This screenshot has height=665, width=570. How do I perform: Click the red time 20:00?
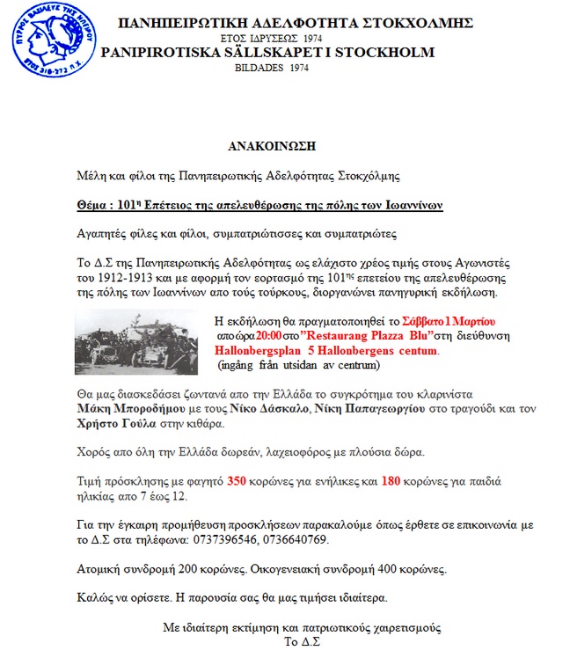pyautogui.click(x=268, y=335)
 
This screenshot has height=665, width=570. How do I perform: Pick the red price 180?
pyautogui.click(x=392, y=481)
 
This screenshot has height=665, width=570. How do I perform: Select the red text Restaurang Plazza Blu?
pyautogui.click(x=356, y=335)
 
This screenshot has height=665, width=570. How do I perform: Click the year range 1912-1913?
pyautogui.click(x=119, y=278)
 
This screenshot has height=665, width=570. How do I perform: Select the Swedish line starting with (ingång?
pyautogui.click(x=291, y=363)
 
